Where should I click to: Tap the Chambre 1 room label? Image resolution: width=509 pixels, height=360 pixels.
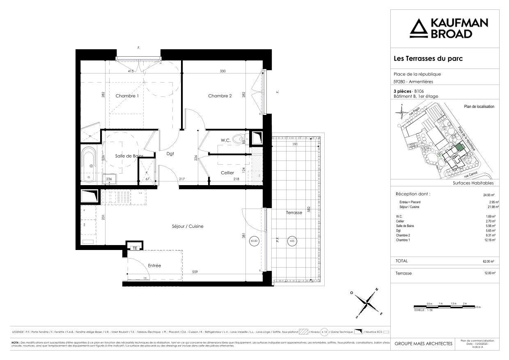tap(127, 96)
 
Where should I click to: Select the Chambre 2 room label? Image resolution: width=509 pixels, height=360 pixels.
tap(220, 96)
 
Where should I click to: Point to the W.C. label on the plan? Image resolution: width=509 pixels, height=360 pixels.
tap(225, 140)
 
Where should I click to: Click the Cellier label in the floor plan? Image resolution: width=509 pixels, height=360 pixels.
tap(227, 173)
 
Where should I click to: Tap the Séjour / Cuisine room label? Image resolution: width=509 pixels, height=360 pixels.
tap(188, 226)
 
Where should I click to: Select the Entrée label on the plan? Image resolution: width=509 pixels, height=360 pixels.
tap(154, 266)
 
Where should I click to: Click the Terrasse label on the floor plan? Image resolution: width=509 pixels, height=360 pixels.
tap(294, 212)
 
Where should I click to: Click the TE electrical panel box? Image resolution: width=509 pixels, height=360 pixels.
tap(134, 248)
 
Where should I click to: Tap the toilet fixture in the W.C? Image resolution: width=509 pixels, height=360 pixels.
tap(238, 140)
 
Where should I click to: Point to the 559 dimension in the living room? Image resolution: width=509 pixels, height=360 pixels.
tap(197, 272)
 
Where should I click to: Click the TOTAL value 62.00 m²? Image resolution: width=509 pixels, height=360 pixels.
tap(488, 261)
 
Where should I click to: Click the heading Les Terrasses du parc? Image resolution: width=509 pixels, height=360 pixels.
tap(428, 59)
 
